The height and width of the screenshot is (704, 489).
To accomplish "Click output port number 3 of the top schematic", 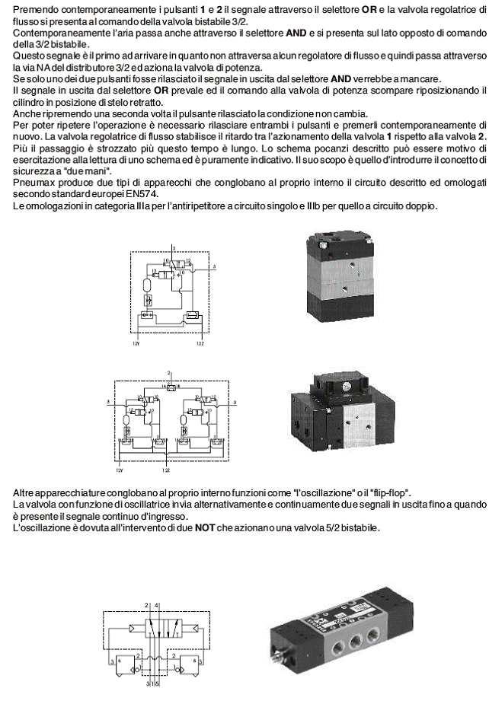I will click(x=215, y=266).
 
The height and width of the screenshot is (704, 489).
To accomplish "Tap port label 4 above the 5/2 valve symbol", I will click(x=157, y=604).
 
